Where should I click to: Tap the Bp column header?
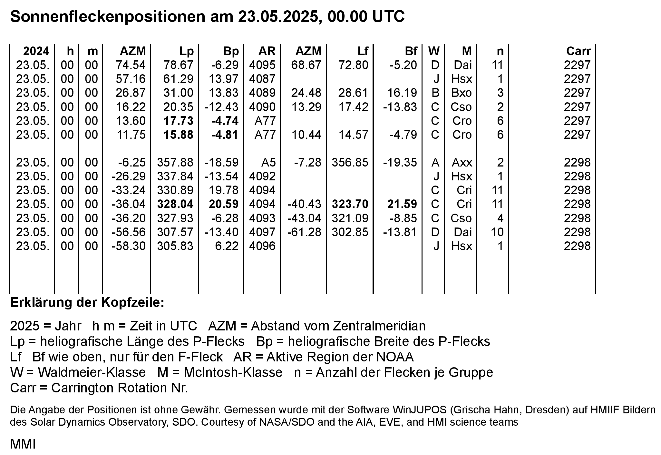(231, 51)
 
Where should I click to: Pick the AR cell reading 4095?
(262, 65)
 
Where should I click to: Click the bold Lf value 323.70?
(350, 204)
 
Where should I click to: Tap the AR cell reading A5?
(268, 162)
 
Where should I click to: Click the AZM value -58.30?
(129, 246)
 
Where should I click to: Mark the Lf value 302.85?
(350, 232)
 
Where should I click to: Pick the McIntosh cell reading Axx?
(462, 162)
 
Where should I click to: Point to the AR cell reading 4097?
(262, 232)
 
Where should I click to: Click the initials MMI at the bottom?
(23, 444)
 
